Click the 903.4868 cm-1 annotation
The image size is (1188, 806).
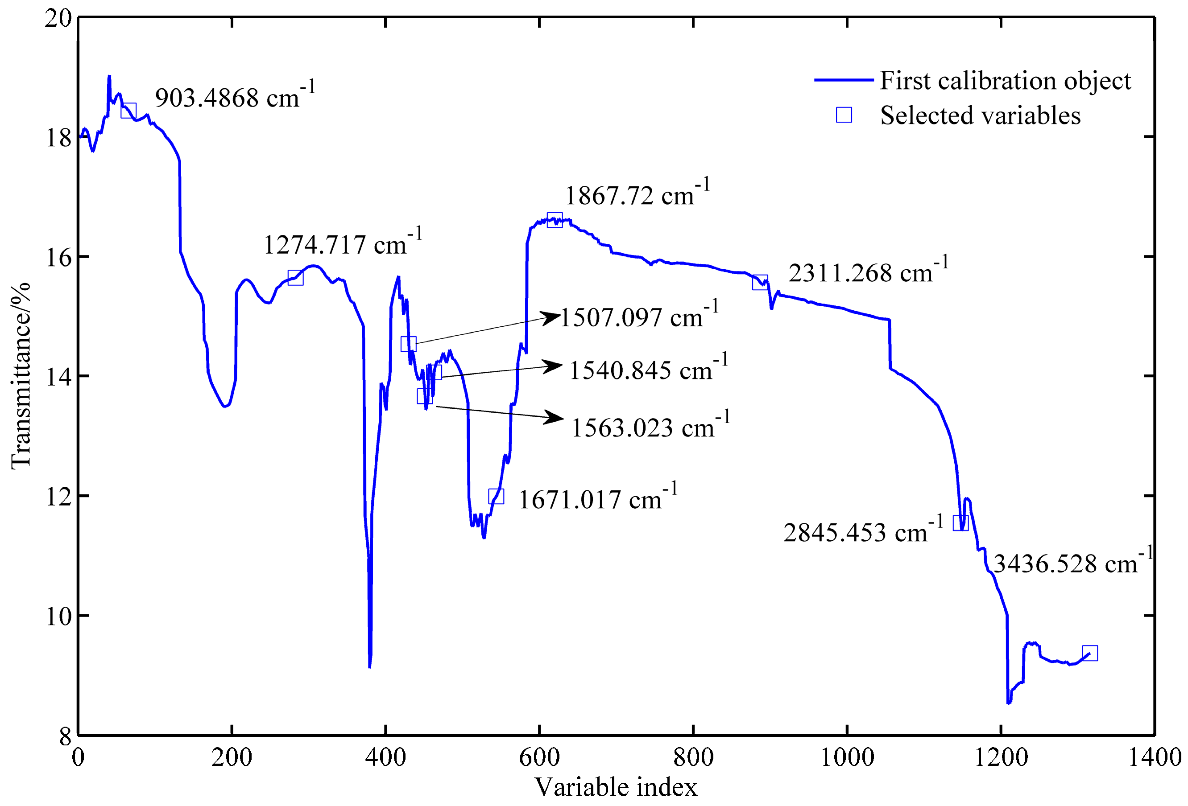235,97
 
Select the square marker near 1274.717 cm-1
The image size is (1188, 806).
295,278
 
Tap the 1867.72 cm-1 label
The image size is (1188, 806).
637,195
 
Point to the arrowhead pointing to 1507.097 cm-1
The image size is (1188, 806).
552,317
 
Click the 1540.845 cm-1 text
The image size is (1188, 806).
648,369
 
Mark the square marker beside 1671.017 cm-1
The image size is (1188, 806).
496,496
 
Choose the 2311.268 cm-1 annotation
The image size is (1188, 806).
868,272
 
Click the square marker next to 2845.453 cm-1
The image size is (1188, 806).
960,523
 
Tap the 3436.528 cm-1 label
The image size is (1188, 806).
1072,563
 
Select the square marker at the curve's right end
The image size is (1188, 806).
1090,653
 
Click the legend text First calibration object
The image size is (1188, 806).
1006,80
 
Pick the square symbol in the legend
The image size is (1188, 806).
844,115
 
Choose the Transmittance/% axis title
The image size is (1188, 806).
21,375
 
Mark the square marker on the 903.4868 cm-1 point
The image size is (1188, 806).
128,110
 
